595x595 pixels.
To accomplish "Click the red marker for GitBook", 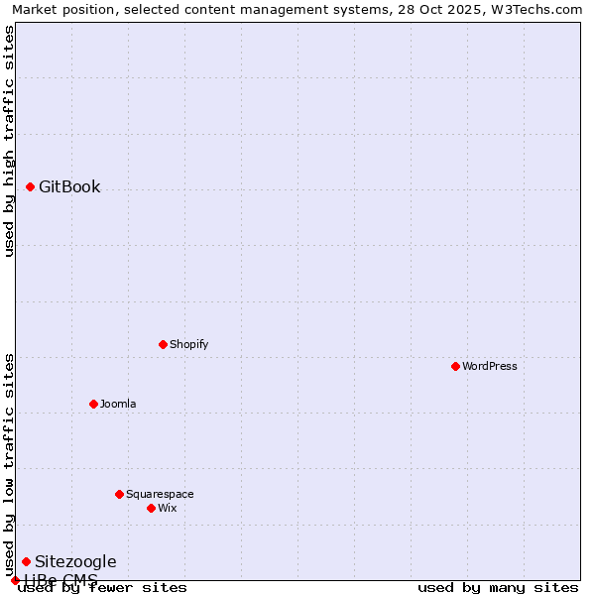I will click(30, 186).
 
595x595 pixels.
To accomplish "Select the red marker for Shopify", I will click(163, 344).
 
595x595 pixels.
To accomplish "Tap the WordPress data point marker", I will click(455, 366).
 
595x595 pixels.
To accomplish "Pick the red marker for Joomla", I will click(93, 404).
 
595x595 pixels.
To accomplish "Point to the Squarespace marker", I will click(119, 494).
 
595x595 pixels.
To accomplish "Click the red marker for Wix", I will click(151, 508).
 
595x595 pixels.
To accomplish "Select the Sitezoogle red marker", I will click(26, 561).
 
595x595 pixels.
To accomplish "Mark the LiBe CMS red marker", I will click(15, 580).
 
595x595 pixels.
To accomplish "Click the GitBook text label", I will click(69, 186).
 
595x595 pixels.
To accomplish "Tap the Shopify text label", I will click(188, 344).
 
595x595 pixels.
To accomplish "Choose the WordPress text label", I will click(489, 366).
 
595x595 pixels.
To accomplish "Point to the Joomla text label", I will click(118, 404).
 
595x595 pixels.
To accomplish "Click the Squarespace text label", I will click(160, 494).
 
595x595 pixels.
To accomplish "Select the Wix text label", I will click(167, 508).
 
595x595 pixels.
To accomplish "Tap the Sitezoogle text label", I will click(75, 561).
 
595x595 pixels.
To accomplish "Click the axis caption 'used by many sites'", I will click(498, 587).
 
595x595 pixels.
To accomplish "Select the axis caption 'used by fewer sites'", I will click(103, 587).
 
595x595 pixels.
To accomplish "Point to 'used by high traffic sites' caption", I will click(9, 141).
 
